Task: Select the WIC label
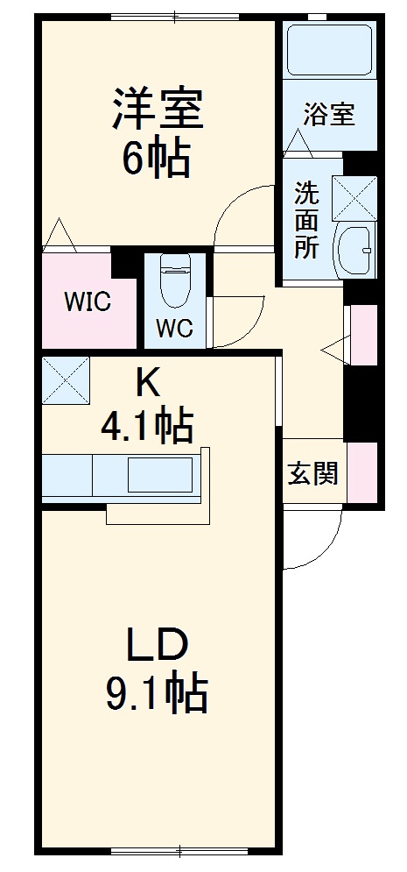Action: [88, 302]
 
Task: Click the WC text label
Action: [174, 329]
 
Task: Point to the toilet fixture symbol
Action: [175, 280]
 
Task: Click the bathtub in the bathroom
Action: [330, 51]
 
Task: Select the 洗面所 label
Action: [306, 220]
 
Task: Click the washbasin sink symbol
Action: [354, 250]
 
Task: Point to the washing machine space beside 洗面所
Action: [354, 198]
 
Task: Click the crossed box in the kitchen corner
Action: [66, 379]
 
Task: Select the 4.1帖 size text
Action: [147, 425]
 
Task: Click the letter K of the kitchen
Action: [146, 384]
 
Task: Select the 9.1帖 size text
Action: [157, 692]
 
